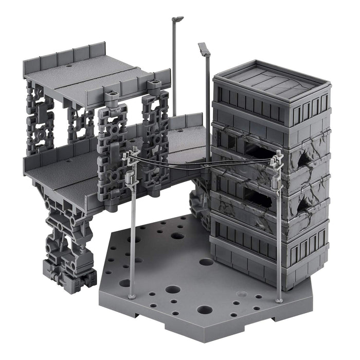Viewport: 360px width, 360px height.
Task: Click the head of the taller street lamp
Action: pos(178,19)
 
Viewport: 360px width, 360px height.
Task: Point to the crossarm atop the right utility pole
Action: pos(278,156)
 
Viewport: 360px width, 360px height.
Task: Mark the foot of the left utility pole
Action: pos(131,297)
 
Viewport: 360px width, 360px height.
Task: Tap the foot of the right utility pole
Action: pos(279,300)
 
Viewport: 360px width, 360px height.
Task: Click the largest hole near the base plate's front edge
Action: pos(204,310)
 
